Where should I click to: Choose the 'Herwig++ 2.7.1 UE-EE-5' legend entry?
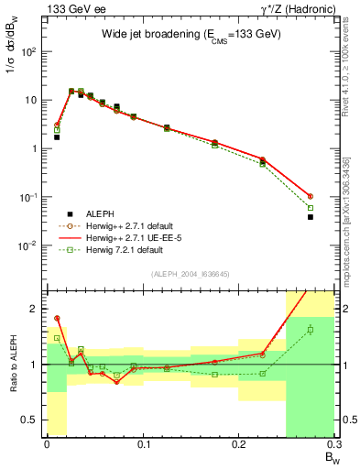point(128,236)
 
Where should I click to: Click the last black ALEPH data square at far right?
point(311,217)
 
